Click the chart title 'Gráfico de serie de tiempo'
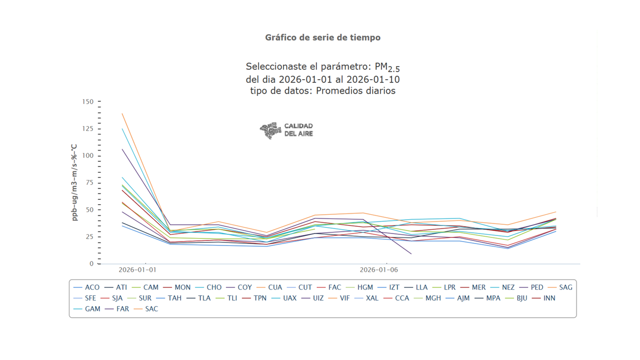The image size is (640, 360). (x=323, y=38)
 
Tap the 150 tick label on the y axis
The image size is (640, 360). (x=88, y=102)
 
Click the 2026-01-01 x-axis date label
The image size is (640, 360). (x=137, y=270)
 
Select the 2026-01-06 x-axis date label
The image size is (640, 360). (x=378, y=270)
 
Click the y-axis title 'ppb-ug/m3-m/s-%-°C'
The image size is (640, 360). (x=75, y=183)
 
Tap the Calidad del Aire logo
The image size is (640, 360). (x=286, y=130)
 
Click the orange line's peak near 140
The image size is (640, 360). (x=123, y=113)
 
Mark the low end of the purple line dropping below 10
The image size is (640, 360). (x=411, y=254)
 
